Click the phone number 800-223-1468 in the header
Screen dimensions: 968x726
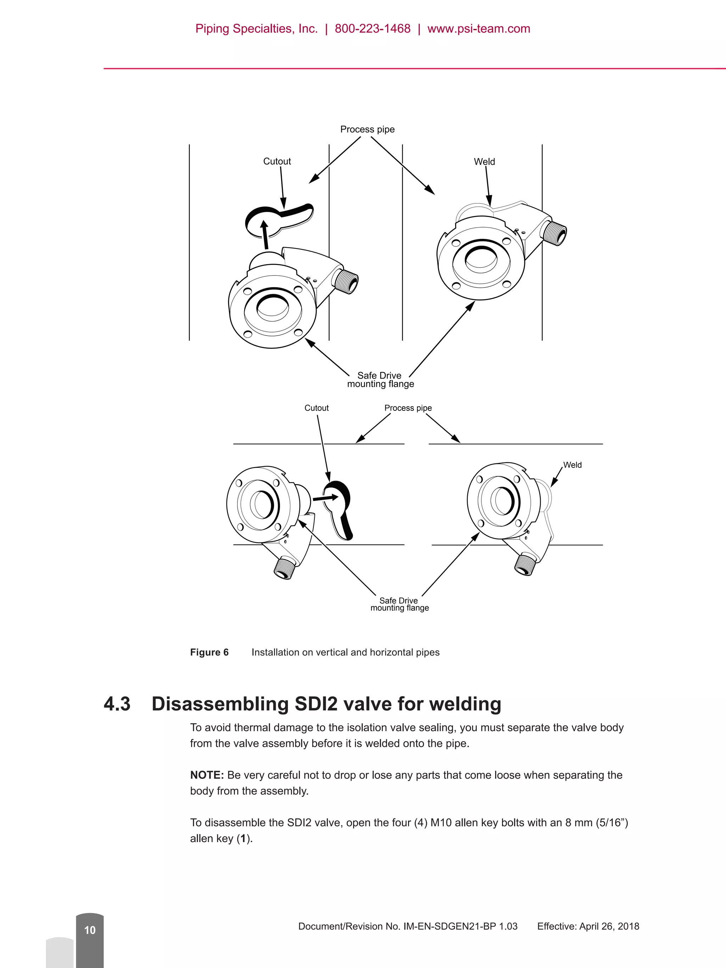click(x=373, y=29)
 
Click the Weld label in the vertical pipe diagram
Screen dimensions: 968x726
click(x=484, y=162)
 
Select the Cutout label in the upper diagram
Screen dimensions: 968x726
click(x=277, y=161)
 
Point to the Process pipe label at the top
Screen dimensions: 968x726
click(x=367, y=129)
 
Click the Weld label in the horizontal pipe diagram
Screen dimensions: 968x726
click(x=572, y=465)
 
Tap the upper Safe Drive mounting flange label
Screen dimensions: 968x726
click(x=380, y=379)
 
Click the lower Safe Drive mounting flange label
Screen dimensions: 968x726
click(x=399, y=604)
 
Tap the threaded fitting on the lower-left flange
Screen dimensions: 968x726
click(x=284, y=568)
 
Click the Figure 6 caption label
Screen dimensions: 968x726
click(x=209, y=652)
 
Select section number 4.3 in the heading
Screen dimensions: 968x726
click(x=117, y=704)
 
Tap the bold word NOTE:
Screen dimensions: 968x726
click(x=207, y=775)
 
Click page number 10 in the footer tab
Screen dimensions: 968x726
click(x=90, y=930)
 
